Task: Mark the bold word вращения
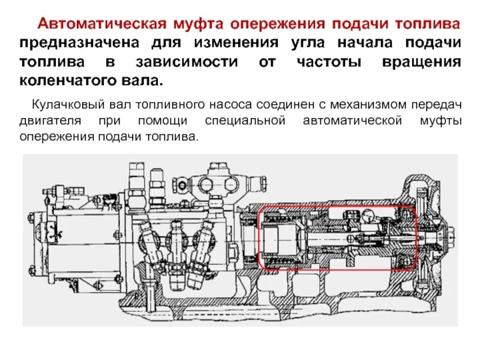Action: pos(425,62)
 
